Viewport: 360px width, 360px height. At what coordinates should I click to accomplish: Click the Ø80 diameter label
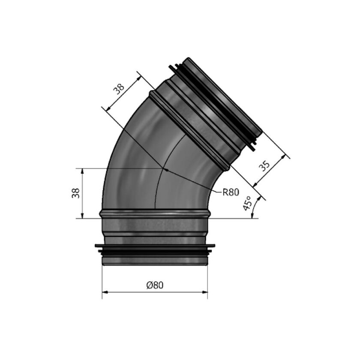pyautogui.click(x=155, y=285)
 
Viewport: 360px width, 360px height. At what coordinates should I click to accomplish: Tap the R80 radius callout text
pyautogui.click(x=230, y=192)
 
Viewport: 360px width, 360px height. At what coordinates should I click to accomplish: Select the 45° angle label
pyautogui.click(x=247, y=203)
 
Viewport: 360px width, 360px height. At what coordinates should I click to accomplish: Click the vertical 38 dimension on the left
pyautogui.click(x=75, y=193)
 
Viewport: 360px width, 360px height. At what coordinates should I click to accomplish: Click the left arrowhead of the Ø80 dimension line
pyautogui.click(x=104, y=293)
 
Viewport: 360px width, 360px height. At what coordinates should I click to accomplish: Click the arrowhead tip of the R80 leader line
pyautogui.click(x=165, y=169)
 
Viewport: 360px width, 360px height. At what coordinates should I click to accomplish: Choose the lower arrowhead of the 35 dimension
pyautogui.click(x=255, y=185)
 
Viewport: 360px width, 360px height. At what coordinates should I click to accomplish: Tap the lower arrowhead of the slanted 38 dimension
pyautogui.click(x=107, y=110)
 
